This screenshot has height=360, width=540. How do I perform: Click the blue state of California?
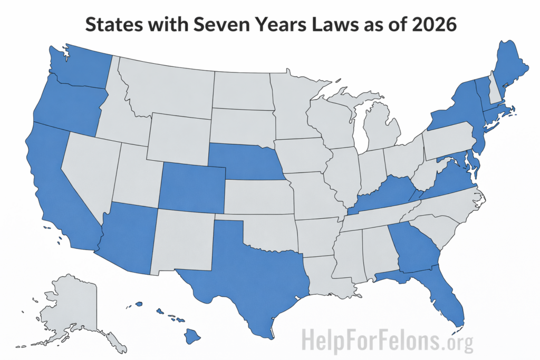click(x=58, y=184)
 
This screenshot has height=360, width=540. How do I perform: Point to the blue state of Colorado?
click(x=192, y=187)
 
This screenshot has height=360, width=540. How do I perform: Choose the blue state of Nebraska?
click(x=243, y=161)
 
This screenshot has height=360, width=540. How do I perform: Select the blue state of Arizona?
click(x=129, y=237)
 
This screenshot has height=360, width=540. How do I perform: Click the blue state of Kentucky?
click(x=385, y=195)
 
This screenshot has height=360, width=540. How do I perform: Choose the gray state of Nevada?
click(x=90, y=169)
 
